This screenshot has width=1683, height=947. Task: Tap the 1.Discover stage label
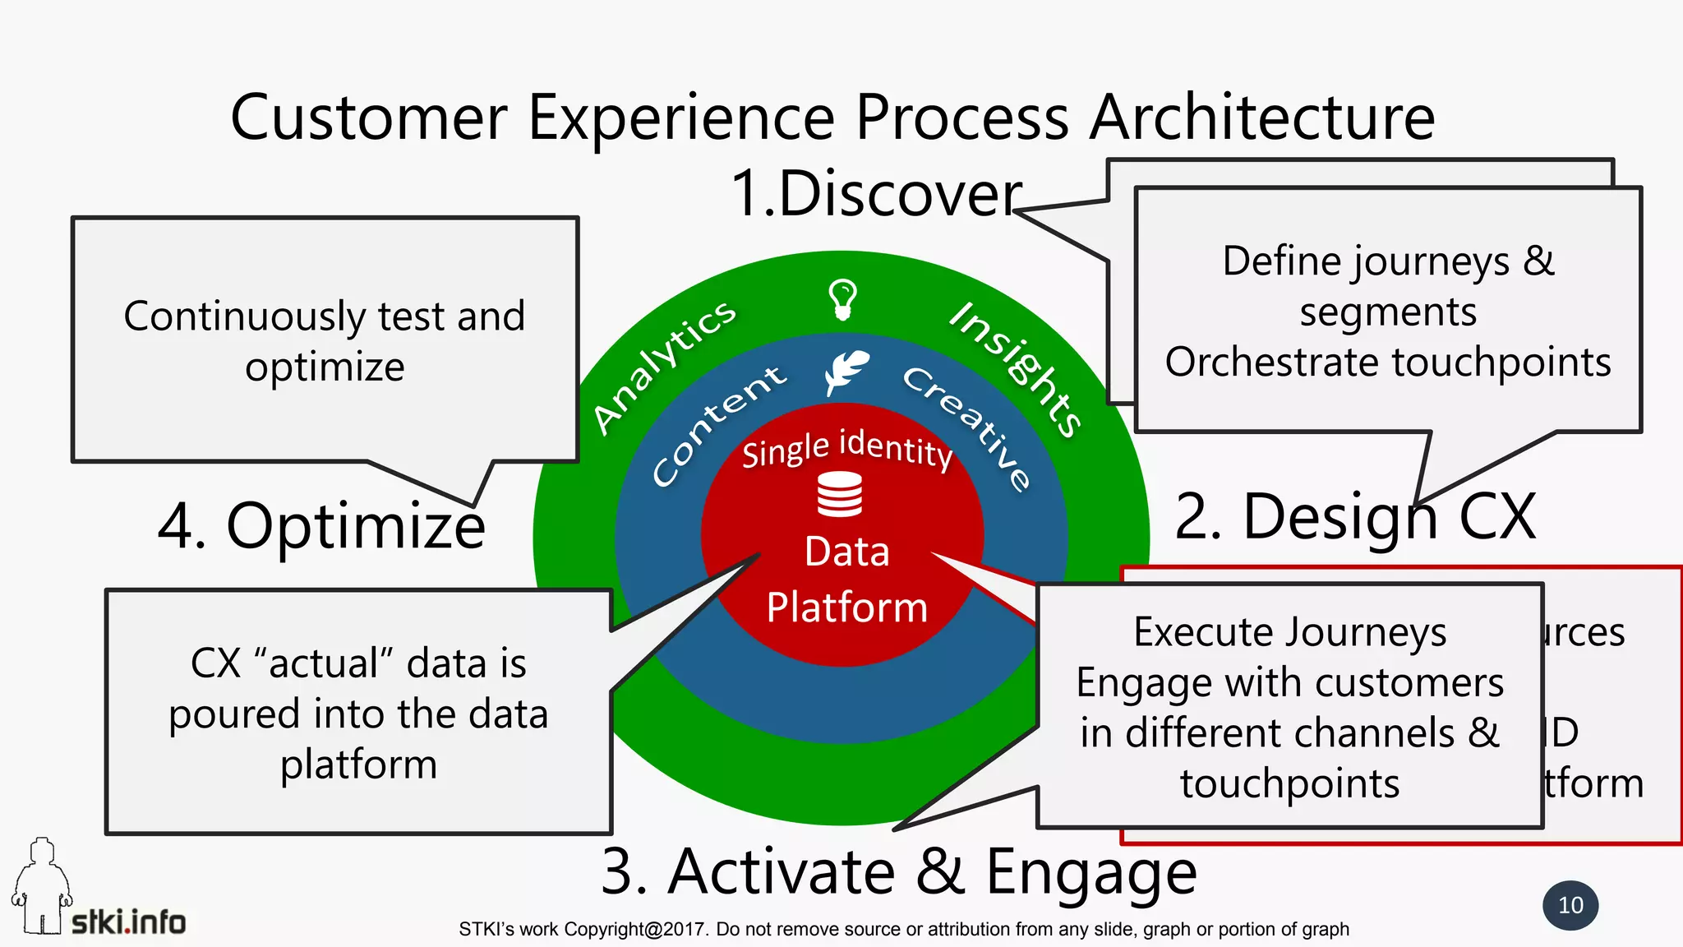[876, 194]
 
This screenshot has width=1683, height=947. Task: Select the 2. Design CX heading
[1354, 517]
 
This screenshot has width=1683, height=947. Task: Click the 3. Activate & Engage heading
[898, 871]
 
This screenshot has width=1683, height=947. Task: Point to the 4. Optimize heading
[321, 525]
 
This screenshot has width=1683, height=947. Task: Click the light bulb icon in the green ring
[842, 299]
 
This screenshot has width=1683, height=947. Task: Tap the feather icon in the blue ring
[846, 372]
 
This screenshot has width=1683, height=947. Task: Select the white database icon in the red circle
[840, 494]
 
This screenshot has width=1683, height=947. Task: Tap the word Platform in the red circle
[846, 607]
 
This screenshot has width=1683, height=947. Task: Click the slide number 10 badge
[1570, 905]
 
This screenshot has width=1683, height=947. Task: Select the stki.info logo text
[128, 922]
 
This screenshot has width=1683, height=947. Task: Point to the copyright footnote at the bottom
[903, 930]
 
